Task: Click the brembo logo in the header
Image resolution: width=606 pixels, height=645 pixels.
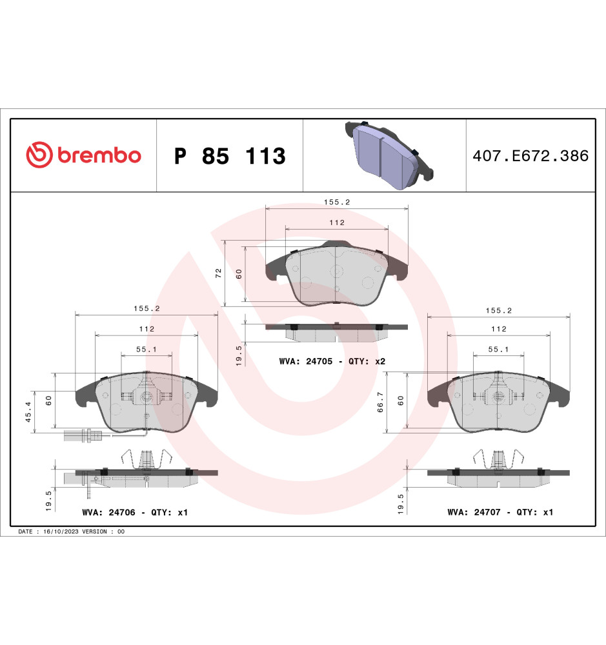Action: [x=83, y=155]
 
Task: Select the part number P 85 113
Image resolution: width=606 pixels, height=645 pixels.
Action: [x=230, y=156]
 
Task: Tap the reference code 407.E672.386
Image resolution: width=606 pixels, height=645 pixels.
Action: [x=530, y=156]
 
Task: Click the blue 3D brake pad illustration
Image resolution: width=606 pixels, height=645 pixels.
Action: [x=389, y=155]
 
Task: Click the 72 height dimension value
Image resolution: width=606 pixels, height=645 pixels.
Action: [x=219, y=273]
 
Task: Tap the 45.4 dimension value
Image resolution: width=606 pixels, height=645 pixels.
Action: [x=28, y=412]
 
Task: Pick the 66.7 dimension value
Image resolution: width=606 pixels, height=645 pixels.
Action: [x=380, y=402]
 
